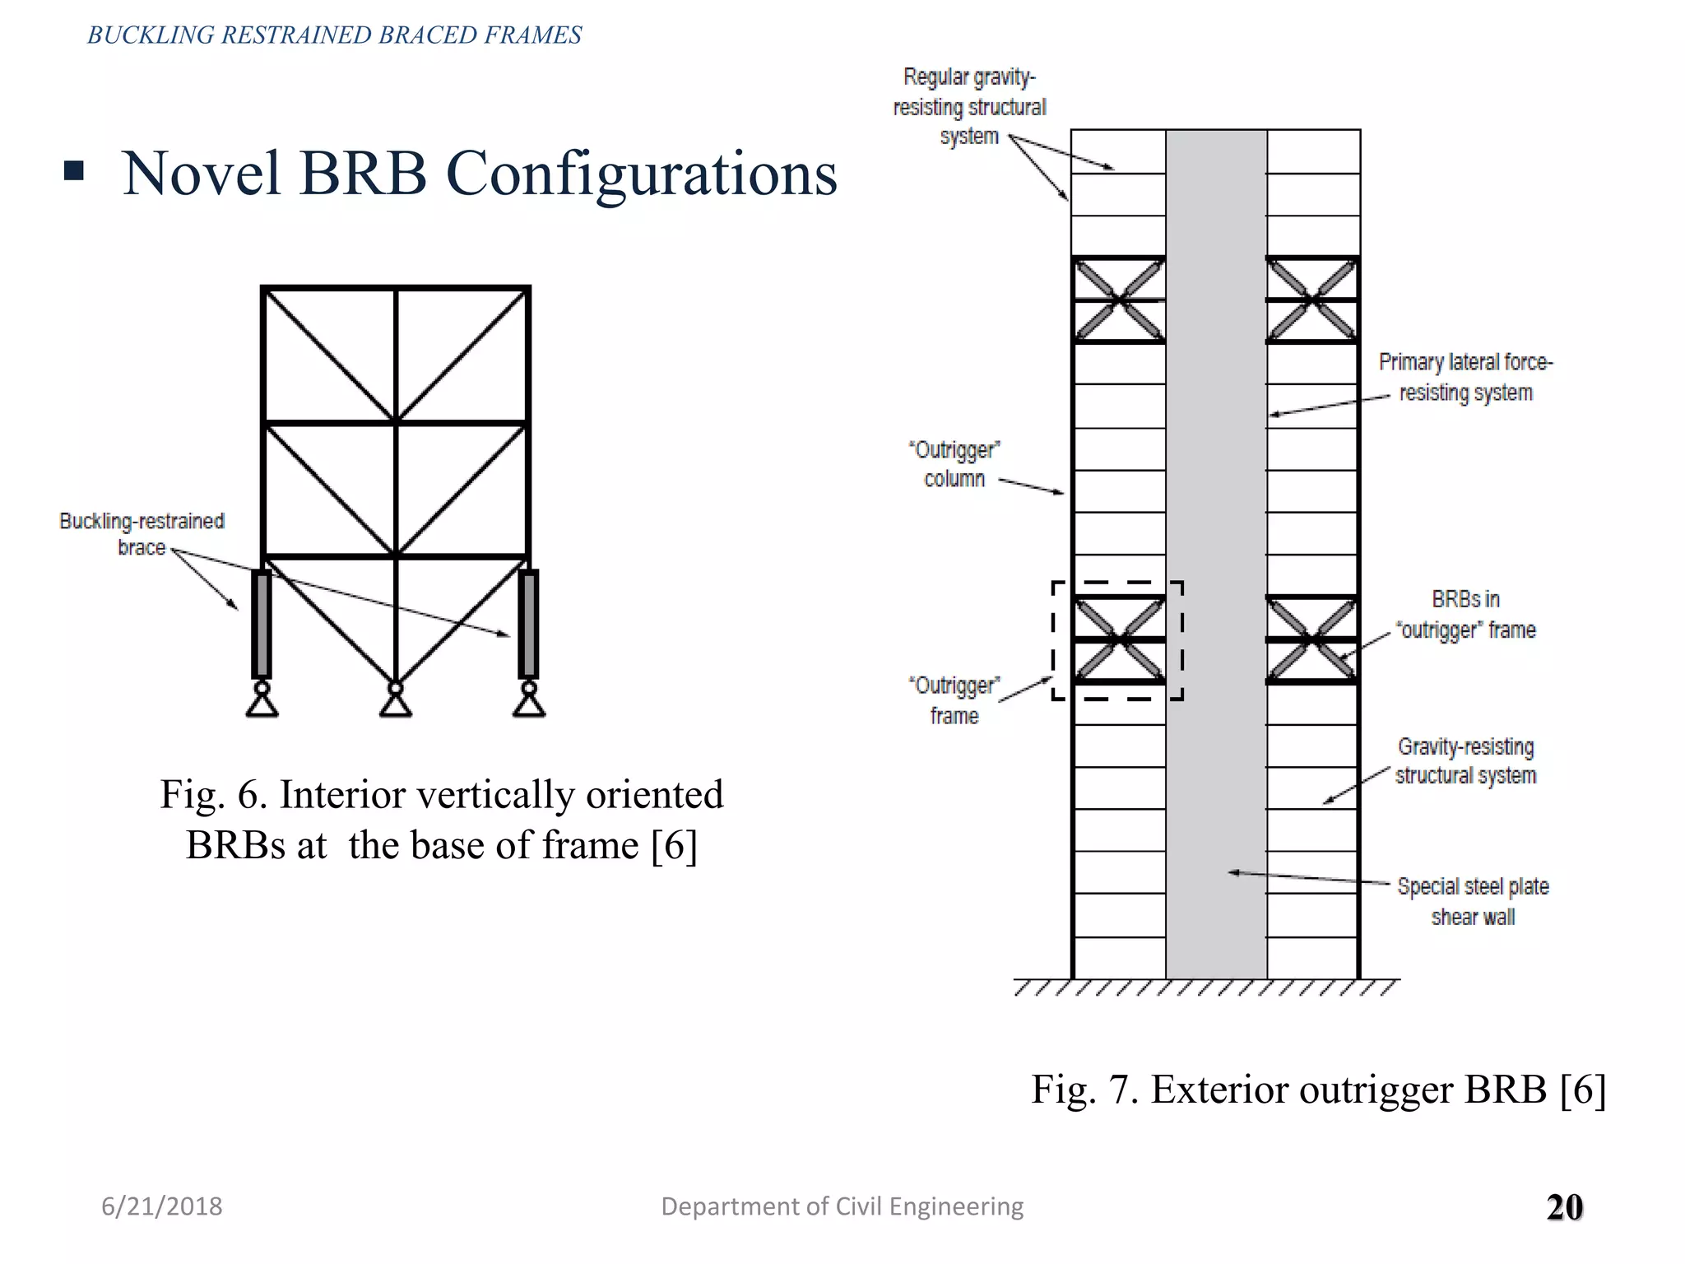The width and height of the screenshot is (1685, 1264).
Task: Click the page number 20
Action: point(1564,1207)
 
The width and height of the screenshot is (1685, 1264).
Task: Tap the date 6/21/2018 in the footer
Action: point(162,1206)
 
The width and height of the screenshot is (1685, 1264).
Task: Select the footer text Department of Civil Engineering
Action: point(842,1206)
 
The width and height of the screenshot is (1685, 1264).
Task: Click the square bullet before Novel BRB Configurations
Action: point(74,170)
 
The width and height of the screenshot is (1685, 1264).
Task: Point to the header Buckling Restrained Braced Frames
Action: point(334,35)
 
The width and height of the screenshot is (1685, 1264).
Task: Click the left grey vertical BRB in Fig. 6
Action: point(262,625)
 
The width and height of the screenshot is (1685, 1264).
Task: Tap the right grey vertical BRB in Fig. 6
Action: point(528,625)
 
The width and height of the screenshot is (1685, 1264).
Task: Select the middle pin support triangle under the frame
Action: point(396,704)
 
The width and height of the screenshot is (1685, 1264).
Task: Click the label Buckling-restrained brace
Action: point(142,534)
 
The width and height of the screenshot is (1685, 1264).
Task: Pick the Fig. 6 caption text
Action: point(442,820)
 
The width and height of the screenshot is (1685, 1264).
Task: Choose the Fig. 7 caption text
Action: point(1318,1090)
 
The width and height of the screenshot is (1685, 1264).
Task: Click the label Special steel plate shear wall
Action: point(1473,901)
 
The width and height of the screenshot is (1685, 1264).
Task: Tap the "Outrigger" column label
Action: point(954,464)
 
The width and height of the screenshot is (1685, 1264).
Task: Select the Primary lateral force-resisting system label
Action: point(1465,377)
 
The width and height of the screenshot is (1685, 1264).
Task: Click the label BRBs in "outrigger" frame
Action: point(1466,615)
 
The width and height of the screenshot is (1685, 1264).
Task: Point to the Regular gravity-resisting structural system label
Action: point(969,107)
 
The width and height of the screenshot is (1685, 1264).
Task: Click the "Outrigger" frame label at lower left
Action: point(954,700)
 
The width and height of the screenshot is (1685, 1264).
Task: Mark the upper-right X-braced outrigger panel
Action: point(1312,300)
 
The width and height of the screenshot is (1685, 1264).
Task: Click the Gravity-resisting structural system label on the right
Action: point(1465,761)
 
